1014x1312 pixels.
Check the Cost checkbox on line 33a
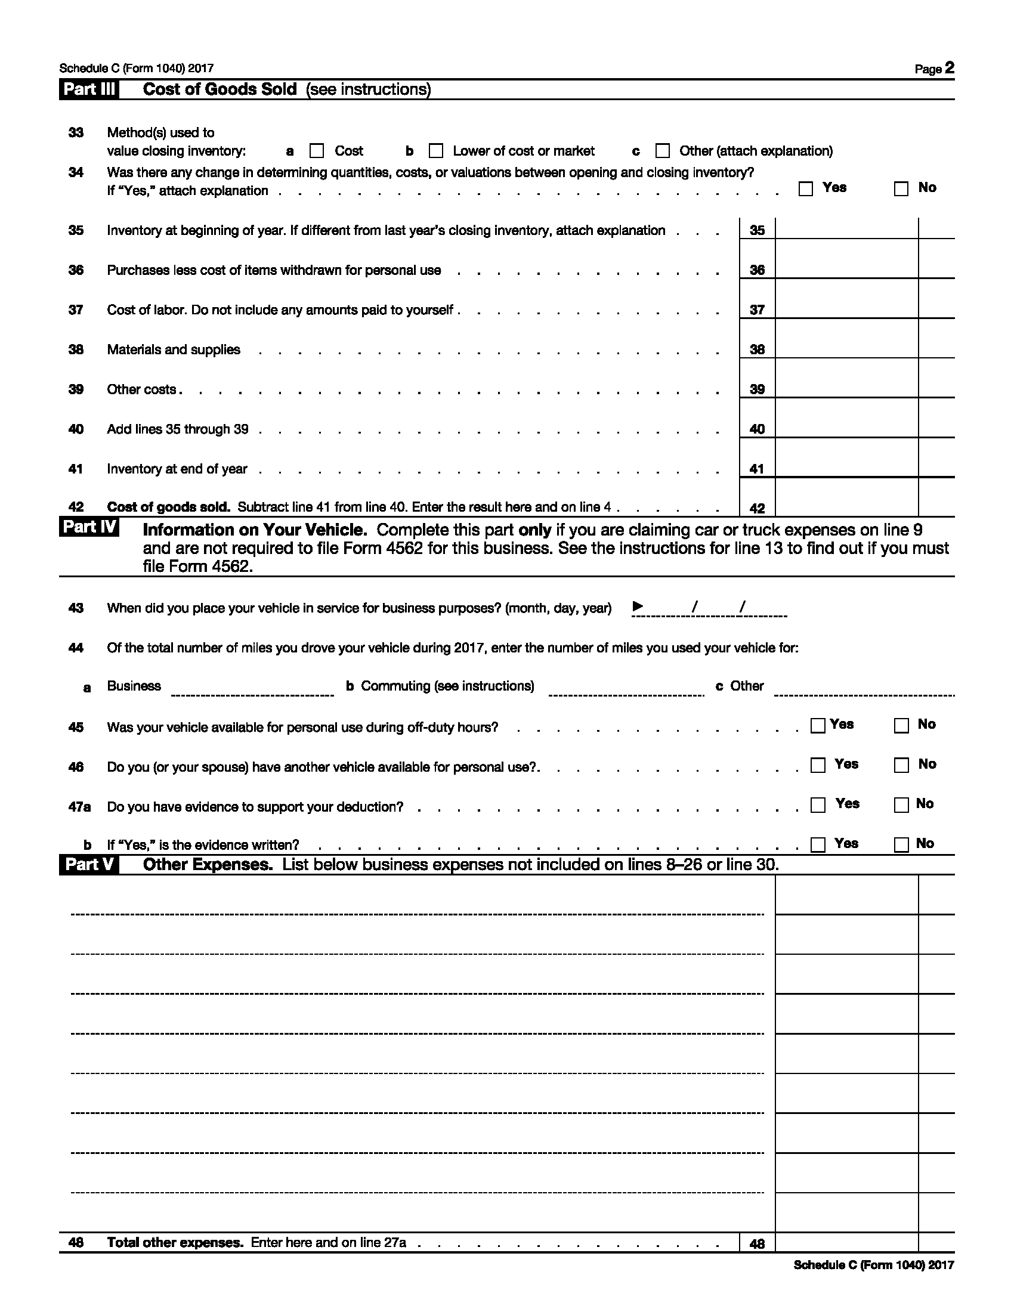pyautogui.click(x=317, y=151)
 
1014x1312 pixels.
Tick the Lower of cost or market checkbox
pyautogui.click(x=436, y=151)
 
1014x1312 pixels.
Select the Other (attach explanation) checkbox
pyautogui.click(x=663, y=151)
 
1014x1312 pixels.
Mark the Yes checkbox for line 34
pyautogui.click(x=806, y=189)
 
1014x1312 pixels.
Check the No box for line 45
pyautogui.click(x=902, y=726)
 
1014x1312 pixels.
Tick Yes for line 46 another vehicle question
pyautogui.click(x=818, y=765)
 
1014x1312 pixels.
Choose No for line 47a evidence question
pyautogui.click(x=902, y=805)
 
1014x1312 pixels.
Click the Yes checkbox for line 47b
pyautogui.click(x=818, y=844)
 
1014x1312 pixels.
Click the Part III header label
pyautogui.click(x=89, y=89)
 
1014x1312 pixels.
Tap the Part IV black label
pyautogui.click(x=89, y=527)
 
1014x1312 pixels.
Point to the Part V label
pyautogui.click(x=89, y=865)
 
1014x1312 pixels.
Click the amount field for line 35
pyautogui.click(x=846, y=229)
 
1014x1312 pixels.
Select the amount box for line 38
pyautogui.click(x=846, y=348)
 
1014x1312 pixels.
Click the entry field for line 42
pyautogui.click(x=846, y=506)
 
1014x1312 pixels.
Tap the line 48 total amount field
pyautogui.click(x=846, y=1242)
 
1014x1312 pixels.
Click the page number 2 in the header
pyautogui.click(x=949, y=68)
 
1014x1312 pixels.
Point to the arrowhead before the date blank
pyautogui.click(x=638, y=607)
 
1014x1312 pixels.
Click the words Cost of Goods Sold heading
pyautogui.click(x=220, y=89)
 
